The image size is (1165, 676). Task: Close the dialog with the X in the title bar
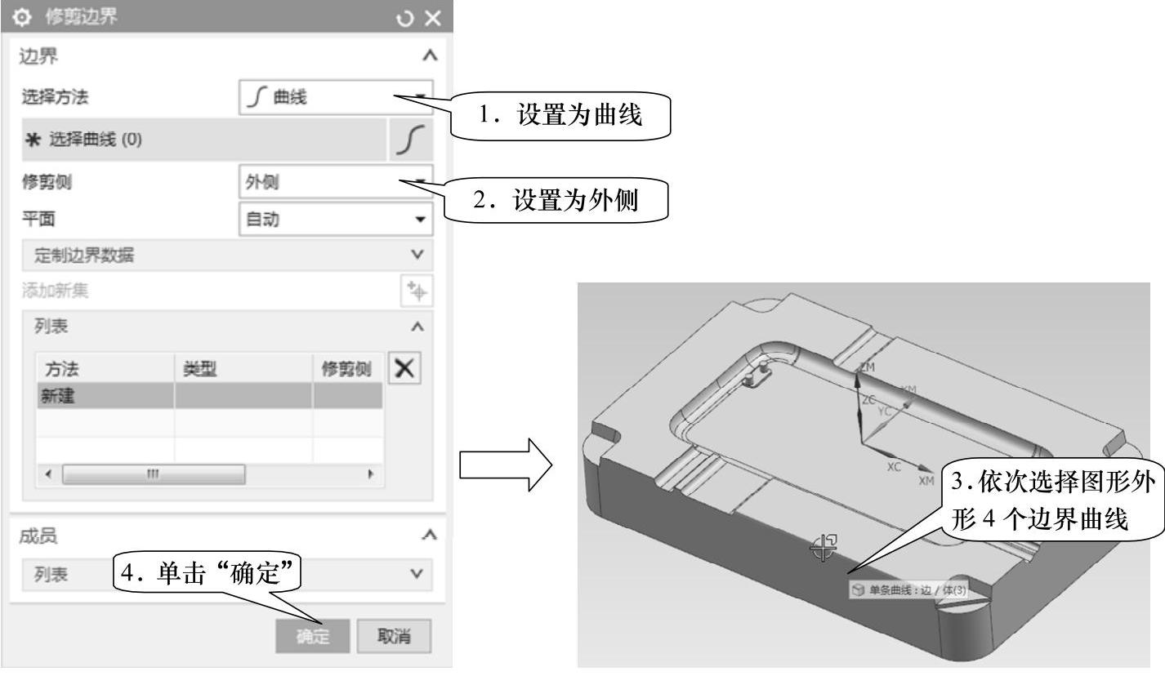point(433,17)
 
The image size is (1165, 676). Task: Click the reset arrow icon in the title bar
point(405,17)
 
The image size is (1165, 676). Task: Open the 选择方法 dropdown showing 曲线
point(335,97)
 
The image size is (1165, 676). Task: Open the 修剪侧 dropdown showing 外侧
point(335,182)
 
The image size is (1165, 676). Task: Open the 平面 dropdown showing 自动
point(335,219)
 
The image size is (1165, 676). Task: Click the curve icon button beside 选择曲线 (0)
point(409,140)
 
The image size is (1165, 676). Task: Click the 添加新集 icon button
point(417,291)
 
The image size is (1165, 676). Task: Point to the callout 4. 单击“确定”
point(206,574)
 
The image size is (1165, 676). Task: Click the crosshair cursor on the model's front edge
point(823,548)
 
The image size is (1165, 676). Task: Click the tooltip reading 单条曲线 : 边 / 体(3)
point(908,589)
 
